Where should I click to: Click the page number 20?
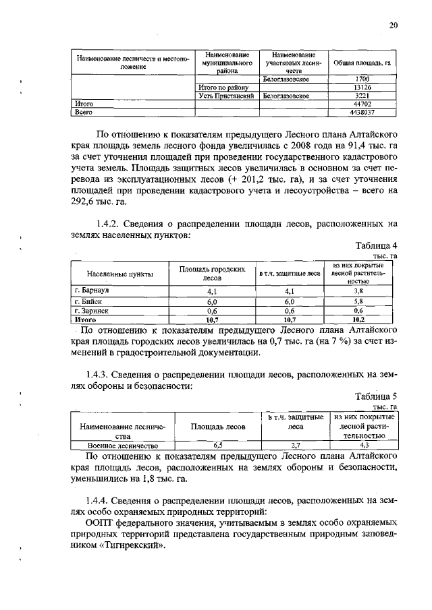[394, 26]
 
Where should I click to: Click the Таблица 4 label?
[375, 245]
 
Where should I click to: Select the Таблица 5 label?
[375, 397]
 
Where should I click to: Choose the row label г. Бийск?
[87, 301]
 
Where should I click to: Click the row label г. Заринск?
[90, 311]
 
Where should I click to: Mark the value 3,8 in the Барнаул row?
[358, 291]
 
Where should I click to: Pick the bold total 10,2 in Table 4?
[358, 319]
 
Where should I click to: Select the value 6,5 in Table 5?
[217, 446]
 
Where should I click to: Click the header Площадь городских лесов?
[211, 273]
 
